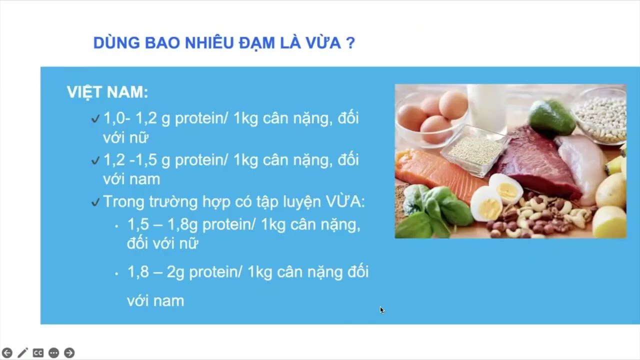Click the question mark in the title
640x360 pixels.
350,43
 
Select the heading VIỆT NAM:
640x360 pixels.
107,92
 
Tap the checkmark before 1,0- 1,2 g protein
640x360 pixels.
95,119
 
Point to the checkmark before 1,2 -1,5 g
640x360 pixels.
95,161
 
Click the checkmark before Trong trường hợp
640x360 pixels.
95,202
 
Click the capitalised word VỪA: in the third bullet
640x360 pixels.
345,202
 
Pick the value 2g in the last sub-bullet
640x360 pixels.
175,272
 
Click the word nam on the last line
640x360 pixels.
169,301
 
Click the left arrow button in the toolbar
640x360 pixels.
7,353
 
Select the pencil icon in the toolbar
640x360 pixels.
22,353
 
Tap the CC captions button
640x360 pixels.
38,353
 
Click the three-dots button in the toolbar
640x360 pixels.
53,353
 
